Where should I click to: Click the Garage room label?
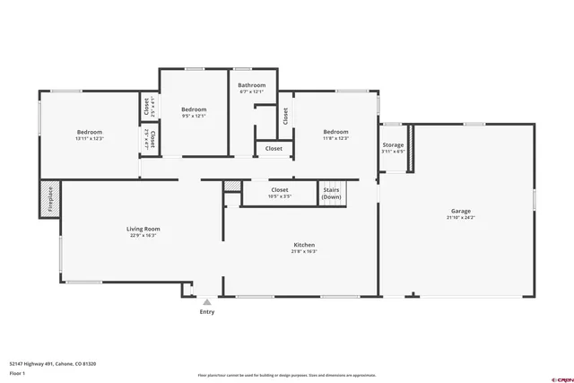coord(459,211)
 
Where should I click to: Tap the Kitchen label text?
coord(304,245)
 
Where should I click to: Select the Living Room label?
coord(143,229)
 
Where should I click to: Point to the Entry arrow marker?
coord(207,302)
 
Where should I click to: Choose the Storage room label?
coord(393,144)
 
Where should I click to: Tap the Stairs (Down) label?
coord(331,193)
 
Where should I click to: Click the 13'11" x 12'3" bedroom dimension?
coord(89,138)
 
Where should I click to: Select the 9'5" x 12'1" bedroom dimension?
coord(194,116)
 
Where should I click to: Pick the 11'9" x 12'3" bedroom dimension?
coord(335,138)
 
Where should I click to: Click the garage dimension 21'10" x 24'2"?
coord(459,218)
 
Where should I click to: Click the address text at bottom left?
coord(52,364)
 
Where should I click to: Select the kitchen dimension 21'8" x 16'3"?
coord(304,252)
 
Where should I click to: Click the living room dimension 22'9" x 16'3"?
coord(143,236)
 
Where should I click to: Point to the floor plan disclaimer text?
coord(286,376)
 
